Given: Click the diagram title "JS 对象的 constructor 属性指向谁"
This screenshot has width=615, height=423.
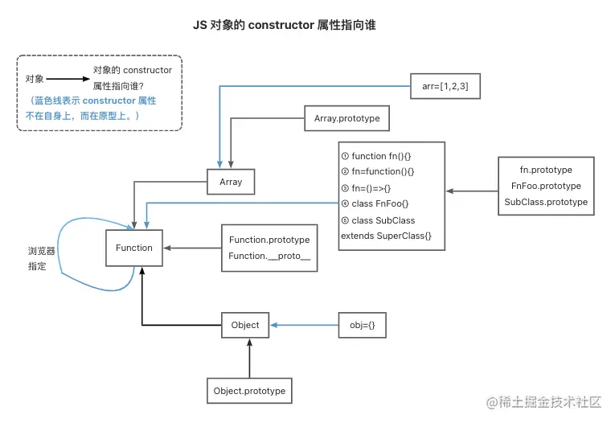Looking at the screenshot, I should [285, 26].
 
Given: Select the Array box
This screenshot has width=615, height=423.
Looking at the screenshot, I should [231, 183].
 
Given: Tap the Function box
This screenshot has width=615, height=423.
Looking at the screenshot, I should [133, 248].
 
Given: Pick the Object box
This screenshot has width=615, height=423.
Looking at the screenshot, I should [245, 325].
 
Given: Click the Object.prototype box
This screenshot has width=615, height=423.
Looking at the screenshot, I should [249, 391].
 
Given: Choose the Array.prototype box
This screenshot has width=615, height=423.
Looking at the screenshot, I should [346, 120].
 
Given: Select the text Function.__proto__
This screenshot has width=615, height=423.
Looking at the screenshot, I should [269, 256].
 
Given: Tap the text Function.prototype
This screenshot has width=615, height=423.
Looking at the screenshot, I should [269, 240].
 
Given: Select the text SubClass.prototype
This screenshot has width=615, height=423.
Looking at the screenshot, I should [546, 202].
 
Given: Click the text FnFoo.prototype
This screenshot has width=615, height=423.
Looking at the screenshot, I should [546, 186].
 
